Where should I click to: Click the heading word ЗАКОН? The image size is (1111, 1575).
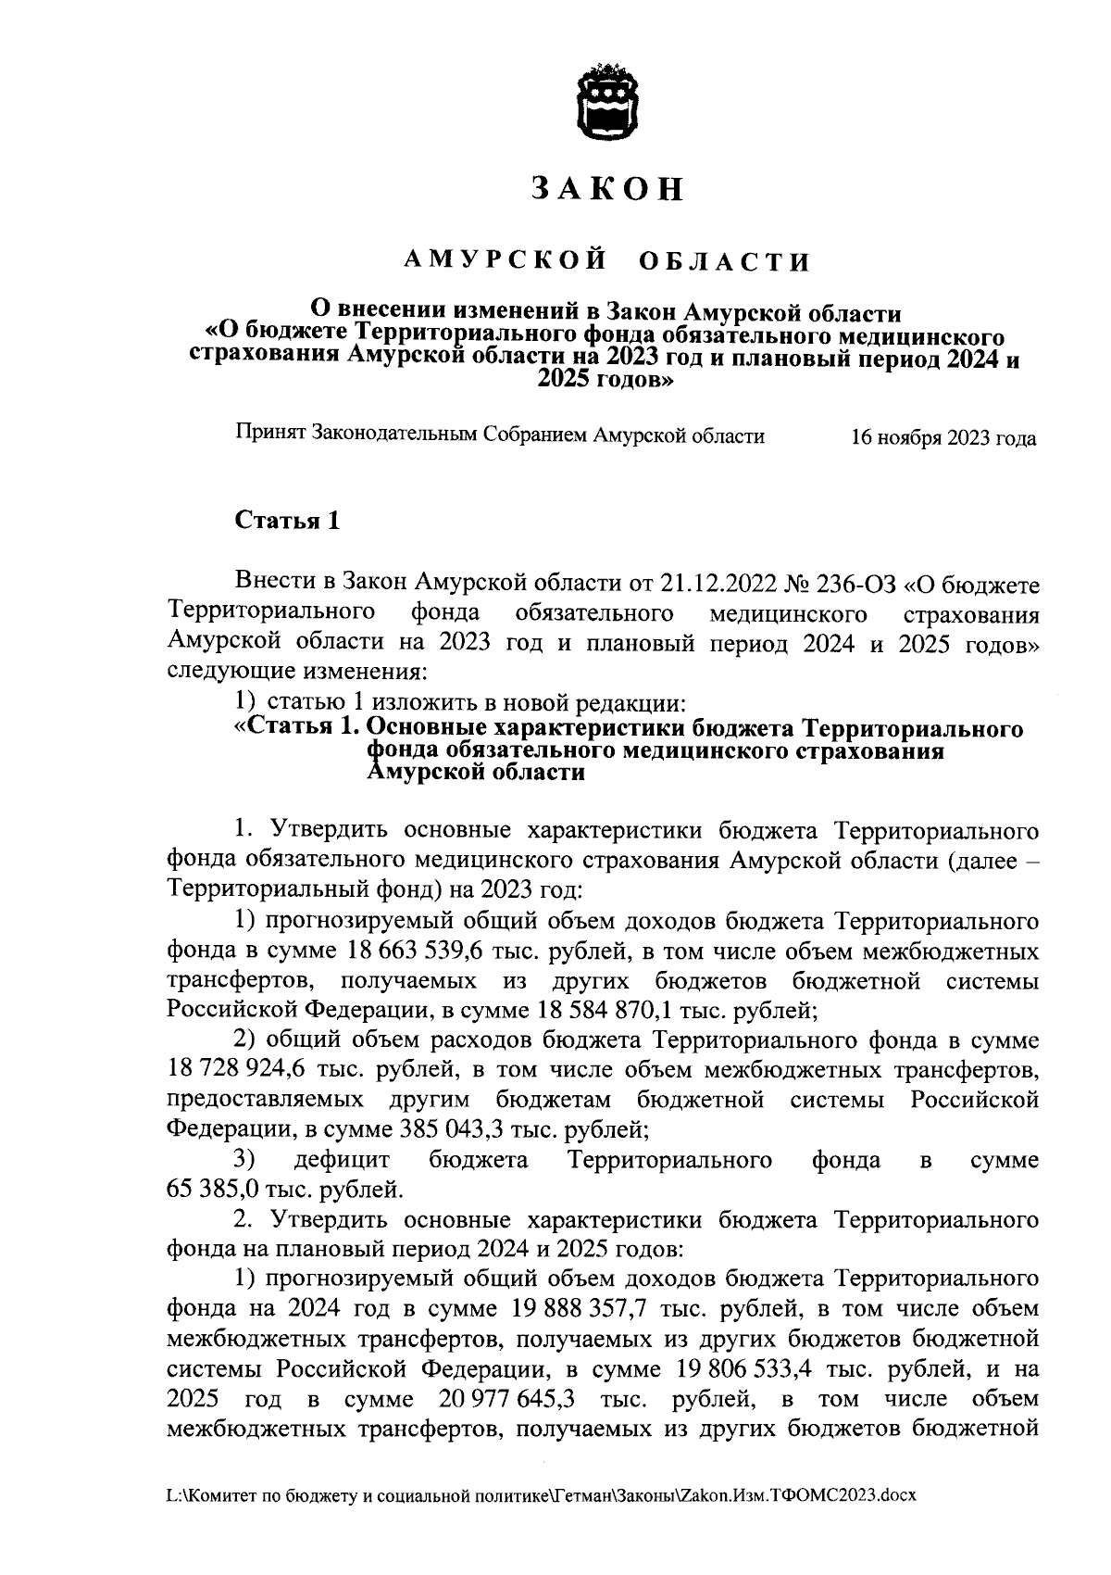[x=608, y=189]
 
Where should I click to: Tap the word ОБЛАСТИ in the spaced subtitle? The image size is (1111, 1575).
[x=725, y=262]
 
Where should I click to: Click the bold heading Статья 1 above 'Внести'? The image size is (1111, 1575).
[x=288, y=522]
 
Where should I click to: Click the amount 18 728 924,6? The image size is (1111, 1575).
[x=236, y=1070]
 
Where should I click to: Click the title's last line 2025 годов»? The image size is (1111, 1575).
[x=605, y=381]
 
